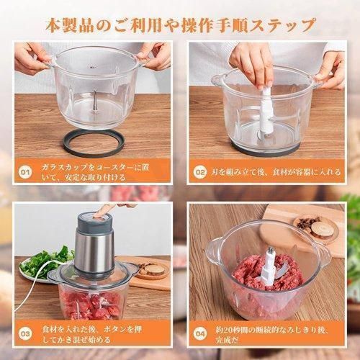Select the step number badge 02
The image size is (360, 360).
coord(201,173)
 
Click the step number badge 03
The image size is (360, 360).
coord(27,333)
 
